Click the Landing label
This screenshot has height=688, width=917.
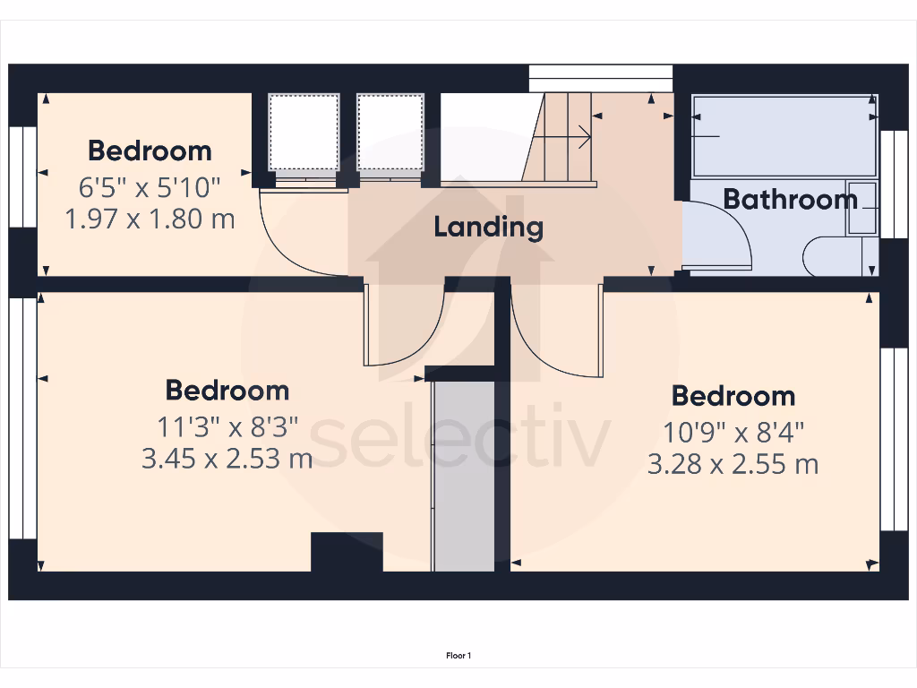tap(488, 227)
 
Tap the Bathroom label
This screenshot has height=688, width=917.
tap(790, 199)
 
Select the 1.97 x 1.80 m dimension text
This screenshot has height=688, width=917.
tap(150, 218)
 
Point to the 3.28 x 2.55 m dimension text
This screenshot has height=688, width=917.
tap(733, 464)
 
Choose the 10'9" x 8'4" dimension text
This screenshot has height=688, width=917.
tap(733, 433)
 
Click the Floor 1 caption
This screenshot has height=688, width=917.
tap(458, 656)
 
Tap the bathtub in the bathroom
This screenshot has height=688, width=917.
tap(784, 136)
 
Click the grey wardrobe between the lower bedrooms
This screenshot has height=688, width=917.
tap(463, 475)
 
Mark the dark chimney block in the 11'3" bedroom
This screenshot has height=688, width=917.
tap(347, 551)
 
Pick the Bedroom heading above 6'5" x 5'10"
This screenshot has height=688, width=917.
tap(150, 150)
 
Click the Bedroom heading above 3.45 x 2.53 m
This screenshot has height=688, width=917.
tap(227, 391)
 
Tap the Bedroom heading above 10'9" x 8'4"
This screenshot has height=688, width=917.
tap(733, 396)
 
